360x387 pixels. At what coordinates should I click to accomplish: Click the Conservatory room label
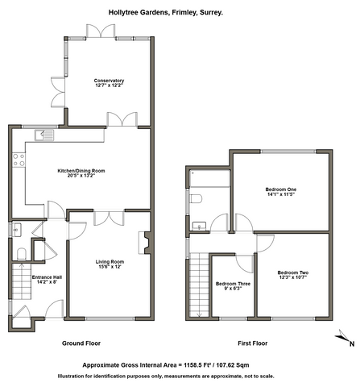click(x=109, y=81)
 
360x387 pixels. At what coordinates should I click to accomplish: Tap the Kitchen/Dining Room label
click(x=81, y=171)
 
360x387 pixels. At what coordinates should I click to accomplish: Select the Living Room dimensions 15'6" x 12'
click(x=110, y=267)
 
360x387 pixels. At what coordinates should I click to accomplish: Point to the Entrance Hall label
click(x=47, y=277)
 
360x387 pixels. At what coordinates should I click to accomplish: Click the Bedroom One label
click(x=281, y=189)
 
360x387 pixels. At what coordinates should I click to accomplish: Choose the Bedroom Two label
click(x=293, y=273)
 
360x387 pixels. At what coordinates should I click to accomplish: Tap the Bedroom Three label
click(x=233, y=284)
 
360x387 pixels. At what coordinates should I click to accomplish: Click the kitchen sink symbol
click(x=44, y=135)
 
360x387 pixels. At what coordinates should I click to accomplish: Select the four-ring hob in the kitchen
click(x=19, y=160)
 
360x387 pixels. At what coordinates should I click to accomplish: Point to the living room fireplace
click(x=145, y=243)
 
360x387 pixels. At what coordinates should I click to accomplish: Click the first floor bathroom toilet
click(x=196, y=199)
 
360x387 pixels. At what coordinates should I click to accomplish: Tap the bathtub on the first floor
click(x=209, y=178)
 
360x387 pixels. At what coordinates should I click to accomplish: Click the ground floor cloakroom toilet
click(x=22, y=254)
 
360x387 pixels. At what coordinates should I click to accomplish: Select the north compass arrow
click(x=342, y=335)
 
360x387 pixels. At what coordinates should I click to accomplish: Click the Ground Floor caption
click(x=81, y=343)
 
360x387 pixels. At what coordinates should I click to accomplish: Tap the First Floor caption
click(x=253, y=343)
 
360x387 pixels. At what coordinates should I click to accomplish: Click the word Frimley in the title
click(x=184, y=12)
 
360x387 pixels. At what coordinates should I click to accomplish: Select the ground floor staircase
click(x=22, y=281)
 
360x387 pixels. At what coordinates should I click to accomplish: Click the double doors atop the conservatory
click(x=101, y=31)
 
